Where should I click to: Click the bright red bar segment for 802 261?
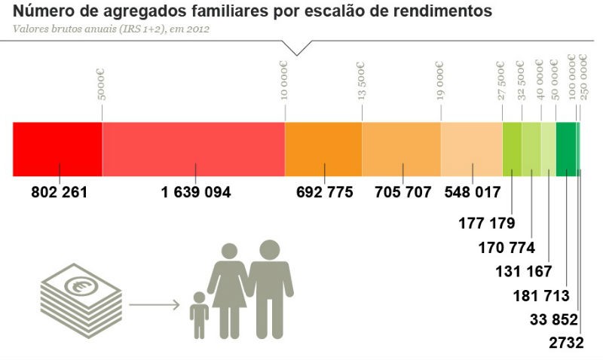tap(57, 148)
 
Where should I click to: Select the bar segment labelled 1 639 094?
tap(194, 148)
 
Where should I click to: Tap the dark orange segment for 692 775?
tap(323, 148)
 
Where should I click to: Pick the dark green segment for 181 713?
tap(565, 148)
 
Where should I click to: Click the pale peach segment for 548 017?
tap(471, 148)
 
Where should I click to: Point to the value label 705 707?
tap(403, 192)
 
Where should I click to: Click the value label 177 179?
tap(486, 223)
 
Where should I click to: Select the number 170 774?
tap(507, 247)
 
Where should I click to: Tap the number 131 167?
tap(524, 271)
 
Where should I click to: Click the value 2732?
tap(566, 343)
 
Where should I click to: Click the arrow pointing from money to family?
tap(154, 305)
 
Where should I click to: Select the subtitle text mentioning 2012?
tap(111, 29)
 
